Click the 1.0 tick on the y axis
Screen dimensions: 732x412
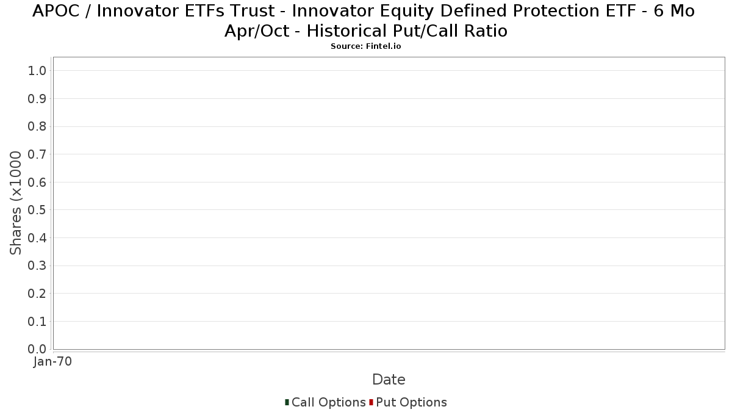(37, 71)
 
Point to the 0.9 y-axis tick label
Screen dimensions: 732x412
(37, 98)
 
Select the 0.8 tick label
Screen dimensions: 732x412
(37, 126)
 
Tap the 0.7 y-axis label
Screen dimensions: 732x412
(37, 154)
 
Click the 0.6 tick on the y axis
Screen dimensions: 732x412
(37, 182)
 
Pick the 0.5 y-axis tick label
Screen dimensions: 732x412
(37, 210)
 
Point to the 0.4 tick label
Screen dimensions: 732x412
(37, 237)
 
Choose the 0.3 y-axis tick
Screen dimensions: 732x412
(37, 266)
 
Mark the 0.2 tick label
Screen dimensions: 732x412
(37, 294)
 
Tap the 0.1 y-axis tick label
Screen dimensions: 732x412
(37, 322)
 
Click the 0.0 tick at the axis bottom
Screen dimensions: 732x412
(37, 349)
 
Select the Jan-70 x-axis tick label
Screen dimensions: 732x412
(52, 361)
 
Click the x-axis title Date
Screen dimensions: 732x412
(389, 380)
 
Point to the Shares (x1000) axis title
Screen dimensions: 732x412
(15, 203)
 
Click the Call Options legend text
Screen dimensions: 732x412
(328, 402)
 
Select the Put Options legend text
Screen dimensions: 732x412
(411, 402)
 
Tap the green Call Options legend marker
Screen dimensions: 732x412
(287, 402)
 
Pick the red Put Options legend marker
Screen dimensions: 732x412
(371, 402)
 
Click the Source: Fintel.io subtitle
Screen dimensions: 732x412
(365, 46)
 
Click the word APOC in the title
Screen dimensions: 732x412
(56, 11)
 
